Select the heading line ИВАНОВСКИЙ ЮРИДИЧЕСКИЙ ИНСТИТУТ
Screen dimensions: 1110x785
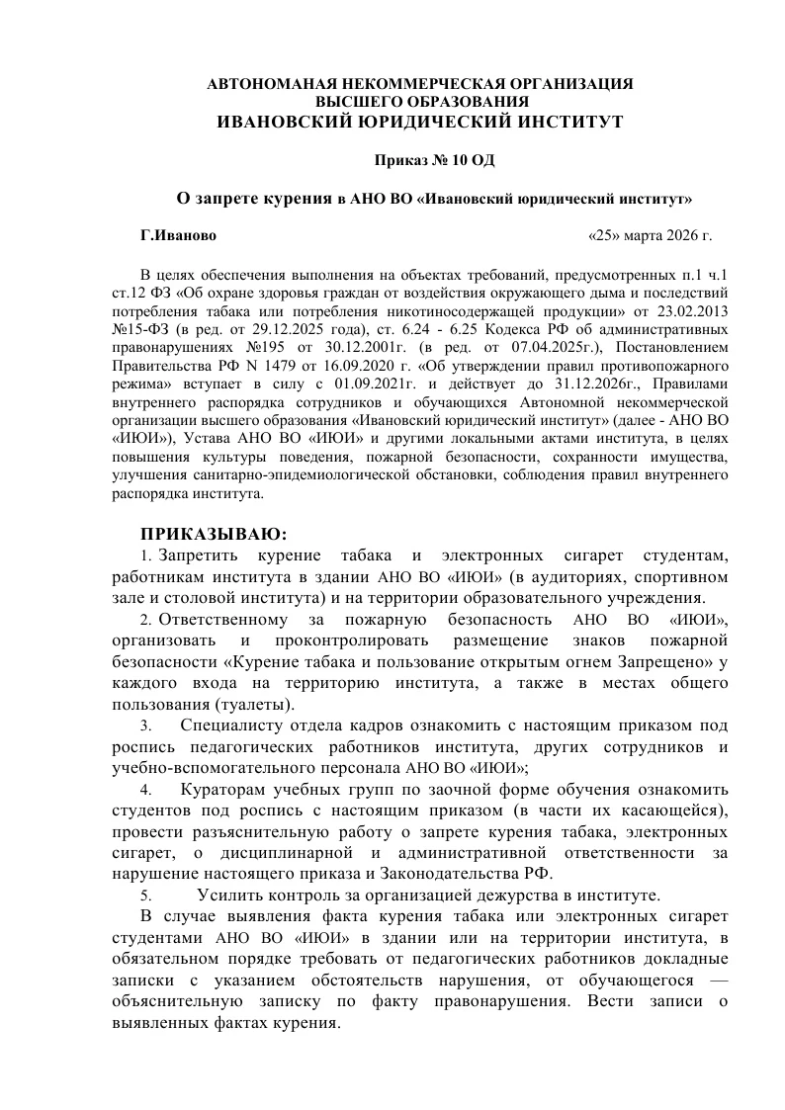(x=420, y=122)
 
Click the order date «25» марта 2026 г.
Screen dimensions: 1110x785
(x=650, y=237)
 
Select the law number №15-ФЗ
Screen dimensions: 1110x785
(x=141, y=328)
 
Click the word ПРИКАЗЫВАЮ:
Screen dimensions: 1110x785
(x=213, y=535)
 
